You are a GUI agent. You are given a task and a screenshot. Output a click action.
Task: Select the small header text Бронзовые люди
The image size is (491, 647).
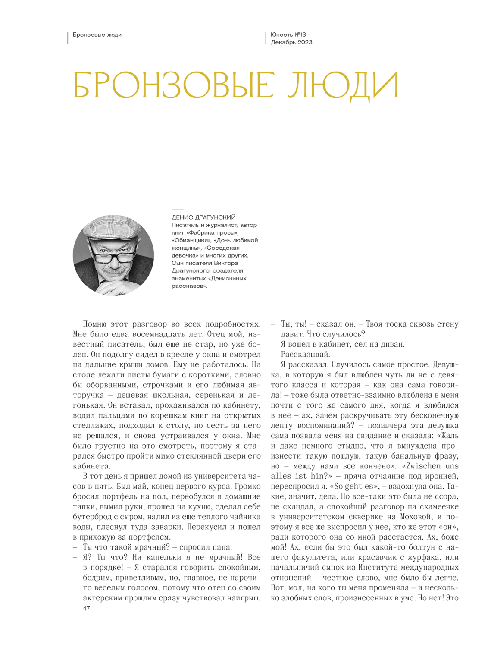coord(97,35)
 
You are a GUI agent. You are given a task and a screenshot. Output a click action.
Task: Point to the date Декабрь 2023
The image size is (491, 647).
coord(291,42)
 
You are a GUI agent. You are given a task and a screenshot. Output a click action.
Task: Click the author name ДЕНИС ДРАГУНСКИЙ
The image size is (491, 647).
coord(203,217)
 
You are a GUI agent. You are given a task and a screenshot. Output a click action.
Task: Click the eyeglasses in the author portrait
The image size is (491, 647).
coord(113,257)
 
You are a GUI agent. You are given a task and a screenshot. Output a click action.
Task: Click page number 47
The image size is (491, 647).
coord(86,608)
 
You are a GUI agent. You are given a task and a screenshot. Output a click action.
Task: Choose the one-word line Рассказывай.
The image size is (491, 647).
coord(305,355)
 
